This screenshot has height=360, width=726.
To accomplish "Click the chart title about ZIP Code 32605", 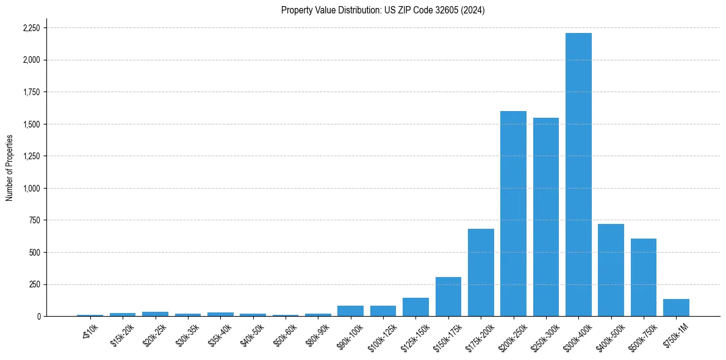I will click(x=383, y=10).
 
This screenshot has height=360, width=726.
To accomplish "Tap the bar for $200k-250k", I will click(x=513, y=214).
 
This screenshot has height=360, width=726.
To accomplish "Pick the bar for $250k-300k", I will click(x=546, y=217).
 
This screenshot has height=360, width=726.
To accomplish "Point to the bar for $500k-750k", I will click(x=644, y=277).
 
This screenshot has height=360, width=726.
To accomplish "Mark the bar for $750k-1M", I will click(x=676, y=308).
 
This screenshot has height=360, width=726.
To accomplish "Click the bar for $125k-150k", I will click(x=415, y=307).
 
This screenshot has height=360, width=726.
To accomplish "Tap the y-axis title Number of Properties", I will click(x=10, y=168).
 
